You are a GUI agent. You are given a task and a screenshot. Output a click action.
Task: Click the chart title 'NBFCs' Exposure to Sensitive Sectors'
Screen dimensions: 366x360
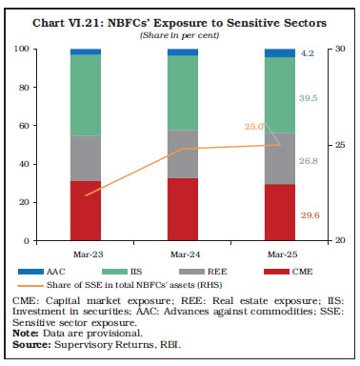[180, 19]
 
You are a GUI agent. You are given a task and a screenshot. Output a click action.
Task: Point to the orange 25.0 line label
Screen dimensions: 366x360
[253, 126]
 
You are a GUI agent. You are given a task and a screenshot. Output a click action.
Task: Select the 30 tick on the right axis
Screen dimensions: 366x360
[327, 50]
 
